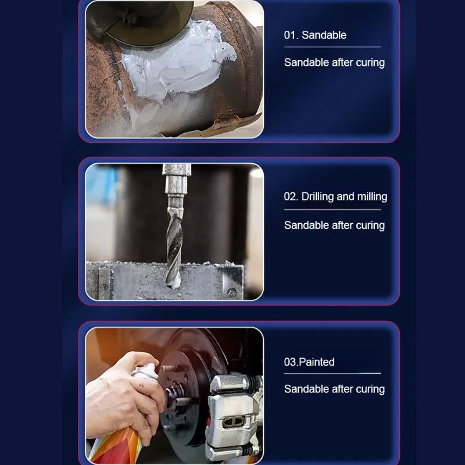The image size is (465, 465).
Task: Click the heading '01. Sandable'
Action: [315, 35]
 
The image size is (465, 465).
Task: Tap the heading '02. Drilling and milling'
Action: [335, 196]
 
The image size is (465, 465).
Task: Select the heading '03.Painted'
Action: [309, 362]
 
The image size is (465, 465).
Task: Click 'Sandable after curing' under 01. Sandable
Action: [334, 63]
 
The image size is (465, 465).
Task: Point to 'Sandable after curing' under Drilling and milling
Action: [334, 226]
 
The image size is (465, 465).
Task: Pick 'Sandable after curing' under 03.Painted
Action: [334, 389]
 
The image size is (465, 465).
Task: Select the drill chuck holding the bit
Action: [176, 184]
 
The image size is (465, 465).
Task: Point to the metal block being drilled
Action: [164, 280]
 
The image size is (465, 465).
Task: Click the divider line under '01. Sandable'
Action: [332, 47]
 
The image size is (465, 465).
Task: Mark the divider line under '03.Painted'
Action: [332, 373]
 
